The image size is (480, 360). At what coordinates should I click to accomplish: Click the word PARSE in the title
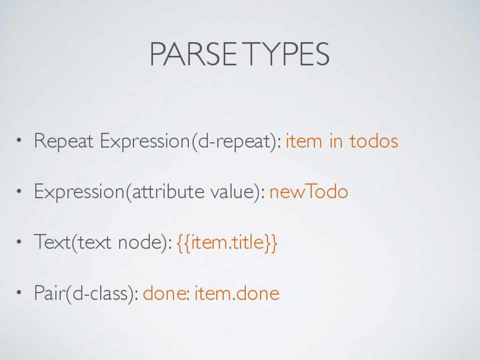pyautogui.click(x=193, y=54)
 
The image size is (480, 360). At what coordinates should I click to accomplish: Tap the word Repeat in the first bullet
pyautogui.click(x=64, y=141)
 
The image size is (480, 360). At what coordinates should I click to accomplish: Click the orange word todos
pyautogui.click(x=373, y=141)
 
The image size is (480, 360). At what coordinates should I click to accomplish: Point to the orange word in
pyautogui.click(x=336, y=141)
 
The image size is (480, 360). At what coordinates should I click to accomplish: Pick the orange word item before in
pyautogui.click(x=304, y=141)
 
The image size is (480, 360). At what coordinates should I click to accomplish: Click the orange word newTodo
pyautogui.click(x=308, y=192)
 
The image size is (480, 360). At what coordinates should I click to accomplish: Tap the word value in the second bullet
pyautogui.click(x=233, y=192)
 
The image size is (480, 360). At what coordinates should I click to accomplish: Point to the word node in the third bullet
pyautogui.click(x=142, y=242)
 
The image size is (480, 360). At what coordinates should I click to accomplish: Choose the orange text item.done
pyautogui.click(x=237, y=293)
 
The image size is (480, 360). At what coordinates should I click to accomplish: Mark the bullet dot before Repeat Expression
pyautogui.click(x=20, y=141)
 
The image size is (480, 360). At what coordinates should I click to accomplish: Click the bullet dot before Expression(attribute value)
pyautogui.click(x=20, y=191)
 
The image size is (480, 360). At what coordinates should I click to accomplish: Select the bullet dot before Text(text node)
pyautogui.click(x=20, y=242)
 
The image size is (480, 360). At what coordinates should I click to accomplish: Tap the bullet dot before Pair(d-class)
pyautogui.click(x=20, y=292)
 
